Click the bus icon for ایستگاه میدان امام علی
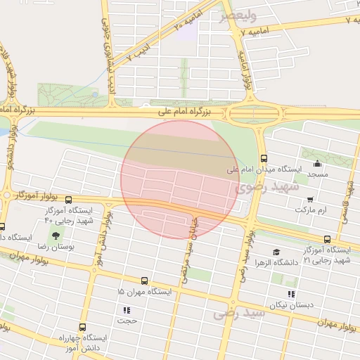coord(264,158)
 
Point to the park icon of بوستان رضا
coord(56,235)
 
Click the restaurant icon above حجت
coord(127,310)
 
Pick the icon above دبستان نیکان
coord(292,295)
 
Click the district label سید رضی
coord(240,312)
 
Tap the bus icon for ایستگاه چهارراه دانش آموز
coord(83,327)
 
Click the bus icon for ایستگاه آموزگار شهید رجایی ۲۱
coord(328,239)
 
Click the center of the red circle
coord(180,179)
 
